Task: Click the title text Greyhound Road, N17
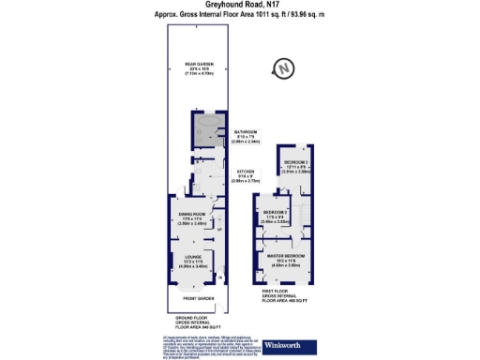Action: pyautogui.click(x=239, y=6)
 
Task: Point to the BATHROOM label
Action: pyautogui.click(x=247, y=131)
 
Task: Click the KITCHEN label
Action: pyautogui.click(x=247, y=169)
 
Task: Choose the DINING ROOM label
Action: pyautogui.click(x=192, y=217)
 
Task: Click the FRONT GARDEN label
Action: pyautogui.click(x=194, y=298)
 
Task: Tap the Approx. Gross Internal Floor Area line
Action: pyautogui.click(x=239, y=16)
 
